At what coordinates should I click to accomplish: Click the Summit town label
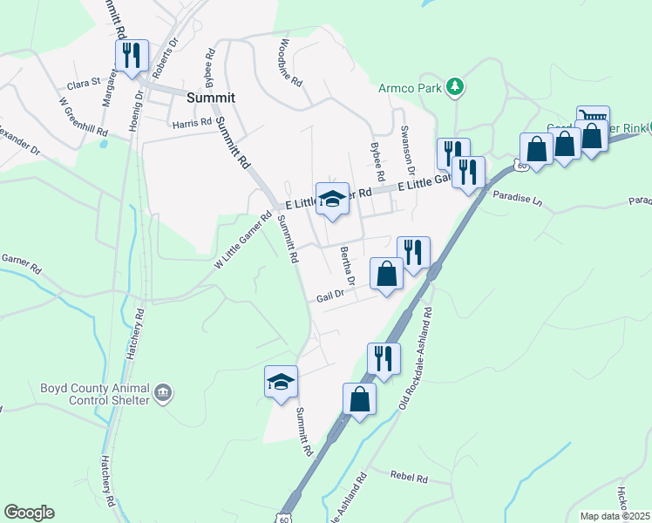[x=213, y=98]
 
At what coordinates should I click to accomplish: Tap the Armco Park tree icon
[x=453, y=87]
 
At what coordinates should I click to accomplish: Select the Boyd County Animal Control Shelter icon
[x=163, y=394]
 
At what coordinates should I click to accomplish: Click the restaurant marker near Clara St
[x=132, y=57]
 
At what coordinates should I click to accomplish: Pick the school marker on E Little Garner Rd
[x=332, y=200]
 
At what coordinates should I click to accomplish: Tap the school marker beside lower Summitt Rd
[x=282, y=383]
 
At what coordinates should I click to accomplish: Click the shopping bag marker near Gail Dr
[x=387, y=275]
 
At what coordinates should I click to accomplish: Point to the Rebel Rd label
[x=410, y=479]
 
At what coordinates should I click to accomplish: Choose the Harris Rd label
[x=192, y=123]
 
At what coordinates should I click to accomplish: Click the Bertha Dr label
[x=347, y=266]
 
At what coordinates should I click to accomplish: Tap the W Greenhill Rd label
[x=84, y=117]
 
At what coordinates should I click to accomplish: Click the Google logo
[x=30, y=512]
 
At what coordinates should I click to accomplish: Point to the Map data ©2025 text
[x=615, y=516]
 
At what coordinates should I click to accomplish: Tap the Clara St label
[x=85, y=86]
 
